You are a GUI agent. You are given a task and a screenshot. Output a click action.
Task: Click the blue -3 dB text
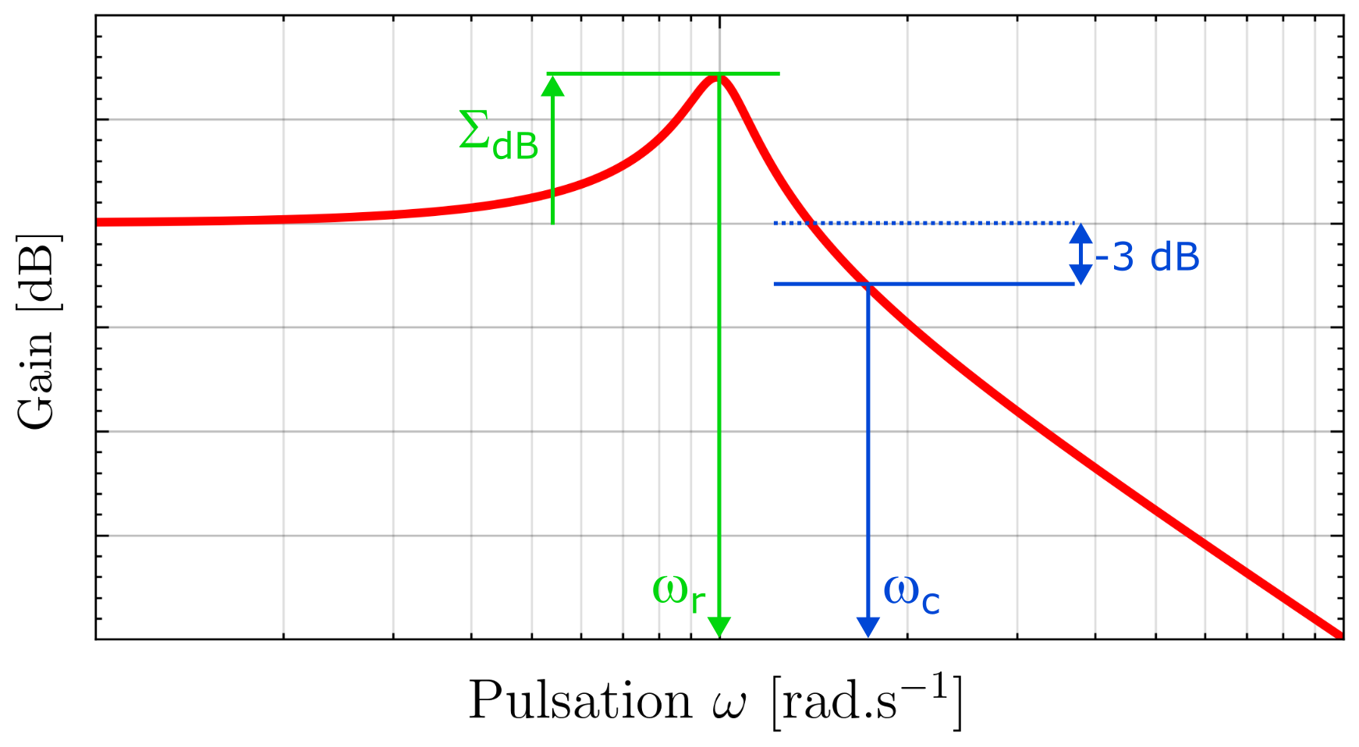pyautogui.click(x=1147, y=257)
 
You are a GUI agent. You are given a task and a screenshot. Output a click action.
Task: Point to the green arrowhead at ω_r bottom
pyautogui.click(x=719, y=626)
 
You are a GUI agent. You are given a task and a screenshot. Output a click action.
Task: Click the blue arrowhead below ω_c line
pyautogui.click(x=868, y=626)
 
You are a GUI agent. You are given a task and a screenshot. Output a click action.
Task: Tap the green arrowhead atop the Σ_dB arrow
pyautogui.click(x=552, y=84)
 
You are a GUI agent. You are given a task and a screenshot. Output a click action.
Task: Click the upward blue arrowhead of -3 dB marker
pyautogui.click(x=1080, y=232)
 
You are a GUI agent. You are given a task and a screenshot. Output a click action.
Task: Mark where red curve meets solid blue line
pyautogui.click(x=866, y=284)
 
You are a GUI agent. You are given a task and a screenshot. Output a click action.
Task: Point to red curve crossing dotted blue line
pyautogui.click(x=809, y=223)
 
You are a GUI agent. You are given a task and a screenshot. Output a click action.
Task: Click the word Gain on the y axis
pyautogui.click(x=37, y=379)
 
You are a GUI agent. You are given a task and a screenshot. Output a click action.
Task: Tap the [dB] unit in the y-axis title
pyautogui.click(x=37, y=272)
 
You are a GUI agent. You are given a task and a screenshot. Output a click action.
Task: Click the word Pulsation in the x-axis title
pyautogui.click(x=579, y=700)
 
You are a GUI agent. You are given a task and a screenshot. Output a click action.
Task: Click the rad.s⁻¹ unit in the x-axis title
pyautogui.click(x=866, y=700)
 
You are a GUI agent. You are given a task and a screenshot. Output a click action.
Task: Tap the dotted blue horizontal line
pyautogui.click(x=936, y=223)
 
